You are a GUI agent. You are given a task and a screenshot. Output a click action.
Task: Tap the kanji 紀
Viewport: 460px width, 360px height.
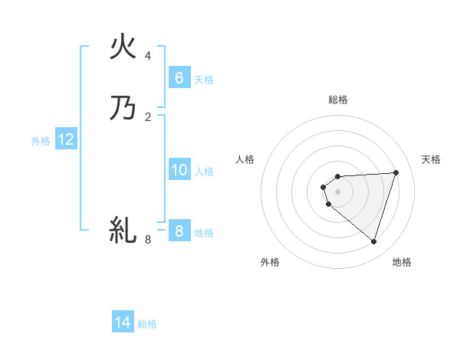coord(123,229)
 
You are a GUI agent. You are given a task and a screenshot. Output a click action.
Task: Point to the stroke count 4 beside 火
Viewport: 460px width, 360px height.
coord(148,56)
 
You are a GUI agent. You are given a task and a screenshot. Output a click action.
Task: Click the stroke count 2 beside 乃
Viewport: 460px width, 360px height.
coord(148,116)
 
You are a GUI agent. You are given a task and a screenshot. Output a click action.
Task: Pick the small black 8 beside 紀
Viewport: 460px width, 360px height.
coord(148,240)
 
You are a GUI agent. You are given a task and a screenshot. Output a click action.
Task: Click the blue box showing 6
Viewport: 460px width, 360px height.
coord(179,77)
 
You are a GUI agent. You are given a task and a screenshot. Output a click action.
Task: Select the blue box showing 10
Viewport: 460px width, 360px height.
coord(179,170)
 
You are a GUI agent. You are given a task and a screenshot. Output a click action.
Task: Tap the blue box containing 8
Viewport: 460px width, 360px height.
coord(179,231)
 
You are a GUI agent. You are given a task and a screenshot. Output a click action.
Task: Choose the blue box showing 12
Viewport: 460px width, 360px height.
coord(66,139)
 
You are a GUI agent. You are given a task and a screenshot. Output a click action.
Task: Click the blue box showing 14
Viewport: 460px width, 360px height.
coord(123,322)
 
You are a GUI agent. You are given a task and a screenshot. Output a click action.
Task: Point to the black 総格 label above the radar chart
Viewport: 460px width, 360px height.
coord(338,100)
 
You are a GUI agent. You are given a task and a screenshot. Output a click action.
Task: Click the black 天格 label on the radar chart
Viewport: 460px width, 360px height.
coord(431,159)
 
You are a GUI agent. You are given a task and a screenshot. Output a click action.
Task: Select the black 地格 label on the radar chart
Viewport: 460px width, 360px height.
coord(402,262)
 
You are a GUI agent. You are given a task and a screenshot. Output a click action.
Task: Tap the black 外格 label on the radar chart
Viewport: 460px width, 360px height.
coord(270,262)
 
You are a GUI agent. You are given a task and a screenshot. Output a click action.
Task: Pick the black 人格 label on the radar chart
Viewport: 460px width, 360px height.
coord(245,159)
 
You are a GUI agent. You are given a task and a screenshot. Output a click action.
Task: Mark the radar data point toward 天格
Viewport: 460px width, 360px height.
coord(396,172)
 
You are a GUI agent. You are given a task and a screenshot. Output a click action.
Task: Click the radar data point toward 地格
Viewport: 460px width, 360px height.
coord(373,241)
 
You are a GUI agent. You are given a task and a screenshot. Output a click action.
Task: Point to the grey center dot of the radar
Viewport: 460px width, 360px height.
coord(337,191)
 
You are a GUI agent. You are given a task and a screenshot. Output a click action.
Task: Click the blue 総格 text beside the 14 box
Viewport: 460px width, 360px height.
coord(147,324)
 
